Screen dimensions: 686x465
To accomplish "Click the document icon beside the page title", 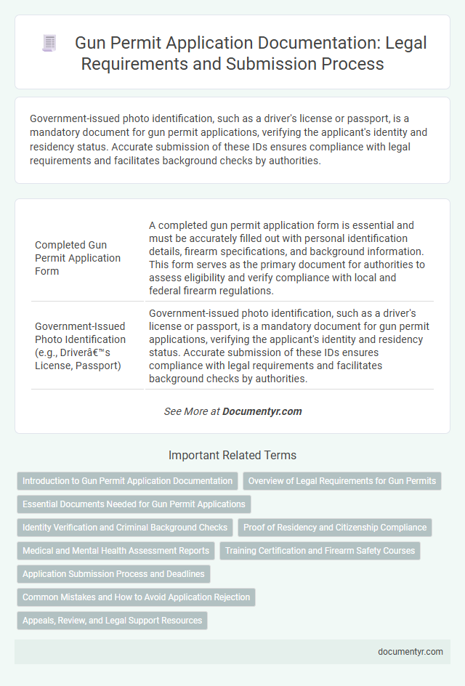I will click(50, 44).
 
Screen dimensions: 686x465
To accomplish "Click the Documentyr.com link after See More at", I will click(262, 411).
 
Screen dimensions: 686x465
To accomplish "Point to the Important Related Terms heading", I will click(232, 456).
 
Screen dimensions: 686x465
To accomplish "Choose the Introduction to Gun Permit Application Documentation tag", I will click(127, 481).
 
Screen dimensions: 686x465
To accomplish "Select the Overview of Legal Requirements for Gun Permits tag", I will click(342, 481).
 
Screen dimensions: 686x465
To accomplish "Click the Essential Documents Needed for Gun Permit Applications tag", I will click(134, 504).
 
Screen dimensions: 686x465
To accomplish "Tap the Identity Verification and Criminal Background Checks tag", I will click(125, 528).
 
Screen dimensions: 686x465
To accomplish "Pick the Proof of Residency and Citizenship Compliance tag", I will click(335, 528).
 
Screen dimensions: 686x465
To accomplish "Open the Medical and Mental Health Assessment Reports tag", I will click(116, 551).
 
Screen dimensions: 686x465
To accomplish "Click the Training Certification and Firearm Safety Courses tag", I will click(320, 551).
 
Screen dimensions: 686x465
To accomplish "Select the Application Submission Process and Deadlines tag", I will click(114, 574).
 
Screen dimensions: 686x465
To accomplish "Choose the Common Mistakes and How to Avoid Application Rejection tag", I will click(136, 597).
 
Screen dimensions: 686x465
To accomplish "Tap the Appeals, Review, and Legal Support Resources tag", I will click(112, 621).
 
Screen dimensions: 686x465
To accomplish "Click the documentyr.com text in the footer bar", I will click(411, 652).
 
